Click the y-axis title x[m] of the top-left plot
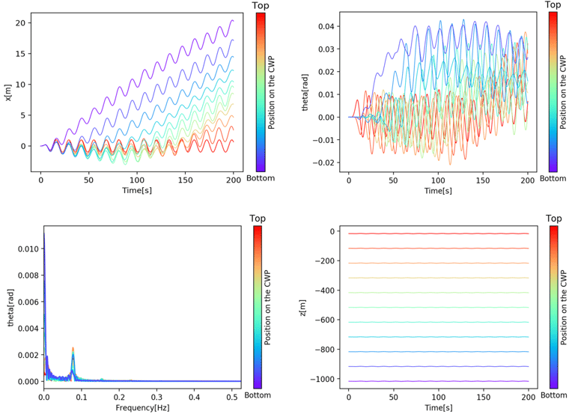(x=8, y=92)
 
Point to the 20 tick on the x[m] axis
(x=22, y=23)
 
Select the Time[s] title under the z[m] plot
(x=437, y=409)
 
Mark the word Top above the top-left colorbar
(x=261, y=6)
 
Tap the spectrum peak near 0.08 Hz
(x=73, y=348)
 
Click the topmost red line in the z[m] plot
(x=437, y=234)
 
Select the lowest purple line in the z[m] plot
(x=437, y=381)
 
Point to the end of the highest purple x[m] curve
(x=234, y=21)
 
